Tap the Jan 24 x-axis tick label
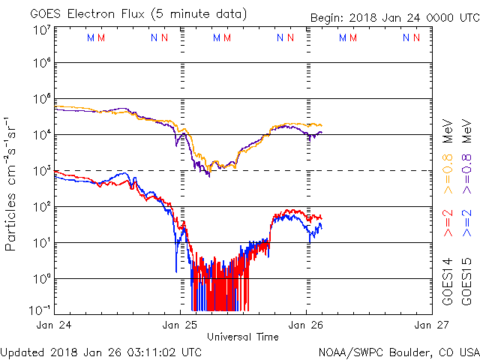(x=54, y=325)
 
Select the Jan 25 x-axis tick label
(x=180, y=325)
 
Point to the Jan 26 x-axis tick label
(x=306, y=325)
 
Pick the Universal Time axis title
(x=243, y=337)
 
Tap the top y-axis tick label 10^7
(x=42, y=31)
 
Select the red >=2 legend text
(x=448, y=224)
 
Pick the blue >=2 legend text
(x=466, y=224)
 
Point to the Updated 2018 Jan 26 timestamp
(x=100, y=351)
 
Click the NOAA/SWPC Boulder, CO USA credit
(x=398, y=351)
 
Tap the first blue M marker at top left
(x=91, y=37)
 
